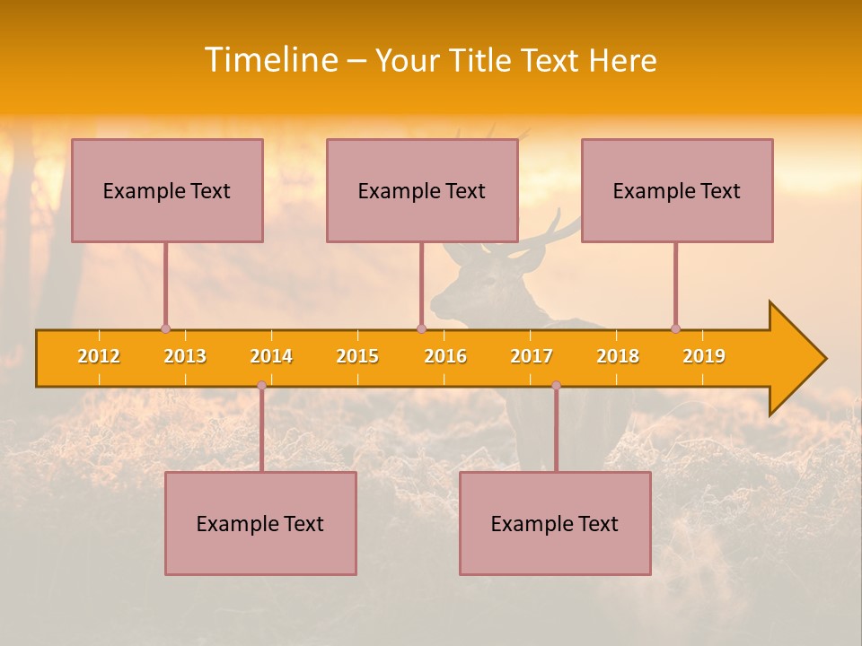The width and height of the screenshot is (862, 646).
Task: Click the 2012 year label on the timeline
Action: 99,356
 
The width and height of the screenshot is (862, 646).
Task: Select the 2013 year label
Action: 185,356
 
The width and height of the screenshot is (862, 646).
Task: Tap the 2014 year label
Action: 271,356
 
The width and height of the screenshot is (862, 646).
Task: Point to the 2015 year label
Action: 357,356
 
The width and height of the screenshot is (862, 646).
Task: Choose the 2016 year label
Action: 445,356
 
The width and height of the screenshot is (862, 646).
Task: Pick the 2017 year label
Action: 532,356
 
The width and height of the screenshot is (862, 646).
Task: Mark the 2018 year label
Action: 618,356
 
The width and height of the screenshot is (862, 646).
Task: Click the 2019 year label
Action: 704,356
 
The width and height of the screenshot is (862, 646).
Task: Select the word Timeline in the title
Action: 270,60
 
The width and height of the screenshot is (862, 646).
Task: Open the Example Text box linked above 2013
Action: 167,190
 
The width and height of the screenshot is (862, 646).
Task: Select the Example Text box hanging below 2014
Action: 260,523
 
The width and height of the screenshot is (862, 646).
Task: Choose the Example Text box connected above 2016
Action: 422,190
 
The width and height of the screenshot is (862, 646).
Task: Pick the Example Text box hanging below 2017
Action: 555,523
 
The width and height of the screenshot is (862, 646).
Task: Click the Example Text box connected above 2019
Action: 677,190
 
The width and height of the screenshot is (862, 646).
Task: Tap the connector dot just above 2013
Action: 165,329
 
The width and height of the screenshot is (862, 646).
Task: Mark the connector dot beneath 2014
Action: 261,385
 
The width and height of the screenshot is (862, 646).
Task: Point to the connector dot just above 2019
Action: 675,328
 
